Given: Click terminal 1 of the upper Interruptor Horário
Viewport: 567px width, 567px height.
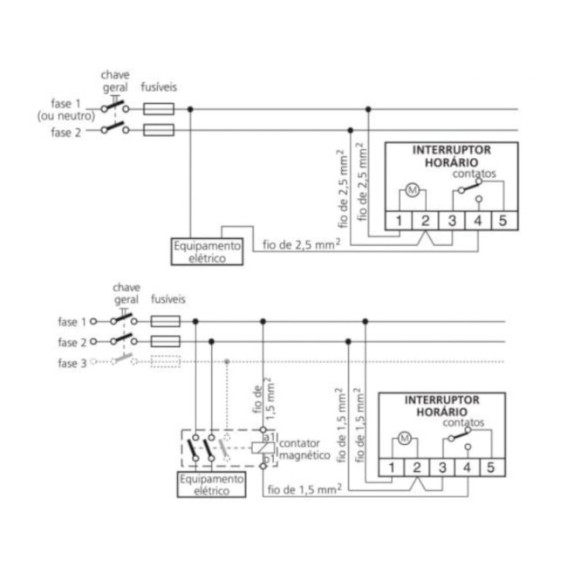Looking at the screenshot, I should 398,220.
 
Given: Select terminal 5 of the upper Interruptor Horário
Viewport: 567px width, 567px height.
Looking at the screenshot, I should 502,220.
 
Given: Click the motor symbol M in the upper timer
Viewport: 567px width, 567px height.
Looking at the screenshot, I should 411,190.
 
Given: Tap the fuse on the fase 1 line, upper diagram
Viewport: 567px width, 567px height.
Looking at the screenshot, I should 158,109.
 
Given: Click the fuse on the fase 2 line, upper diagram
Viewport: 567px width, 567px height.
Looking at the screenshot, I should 158,131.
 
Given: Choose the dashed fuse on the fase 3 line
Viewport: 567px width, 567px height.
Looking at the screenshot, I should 165,362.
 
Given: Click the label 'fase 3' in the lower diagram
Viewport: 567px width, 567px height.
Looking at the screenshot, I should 72,363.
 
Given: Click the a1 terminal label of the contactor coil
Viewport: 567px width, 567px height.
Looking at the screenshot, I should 269,434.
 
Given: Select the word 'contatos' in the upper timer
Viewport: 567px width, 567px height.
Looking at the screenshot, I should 474,174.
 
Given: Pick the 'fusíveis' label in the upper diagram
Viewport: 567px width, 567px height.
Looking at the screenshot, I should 158,87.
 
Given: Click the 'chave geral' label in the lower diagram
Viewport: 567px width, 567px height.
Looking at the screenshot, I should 126,293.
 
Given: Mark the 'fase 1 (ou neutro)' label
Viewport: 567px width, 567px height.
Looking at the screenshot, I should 65,110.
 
